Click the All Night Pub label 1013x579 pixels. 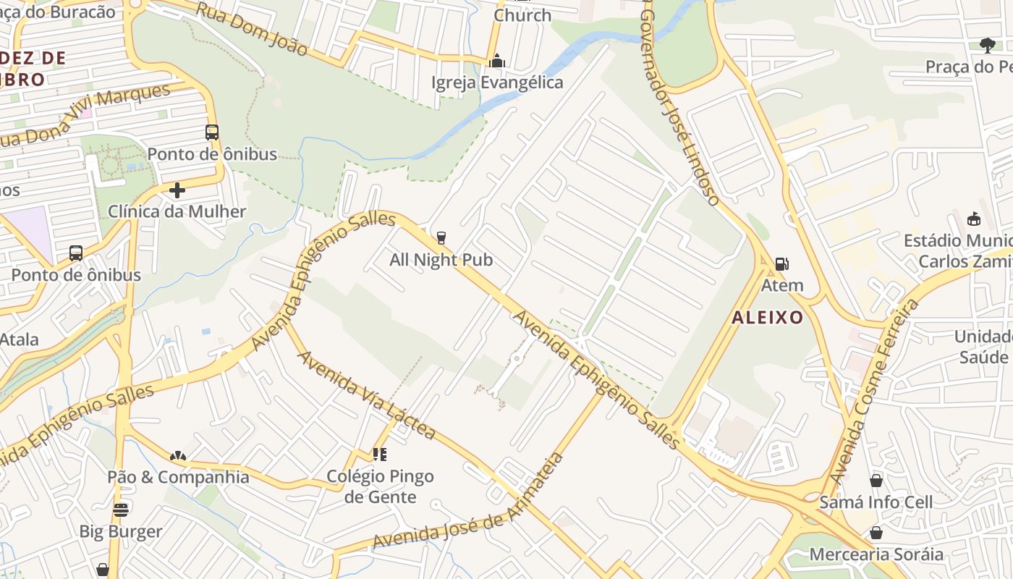(x=441, y=260)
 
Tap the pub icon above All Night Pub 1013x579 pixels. (x=441, y=237)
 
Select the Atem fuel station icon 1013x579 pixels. (x=781, y=264)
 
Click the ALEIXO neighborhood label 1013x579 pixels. (x=767, y=317)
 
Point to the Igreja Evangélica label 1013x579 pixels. (x=496, y=83)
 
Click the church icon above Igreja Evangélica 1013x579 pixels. (x=496, y=60)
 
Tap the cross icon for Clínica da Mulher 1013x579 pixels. (x=177, y=190)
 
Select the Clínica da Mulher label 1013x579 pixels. (x=177, y=212)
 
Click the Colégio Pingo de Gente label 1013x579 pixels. (x=380, y=486)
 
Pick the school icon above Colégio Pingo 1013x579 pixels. (x=380, y=455)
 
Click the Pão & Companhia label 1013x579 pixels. (x=178, y=478)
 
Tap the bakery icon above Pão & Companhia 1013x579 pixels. (x=178, y=456)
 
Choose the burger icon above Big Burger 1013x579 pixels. (x=121, y=510)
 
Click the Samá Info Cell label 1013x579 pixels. (x=876, y=502)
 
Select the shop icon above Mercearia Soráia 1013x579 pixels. (x=876, y=533)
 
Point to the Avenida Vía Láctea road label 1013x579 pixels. (x=368, y=395)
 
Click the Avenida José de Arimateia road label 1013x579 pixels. (x=468, y=501)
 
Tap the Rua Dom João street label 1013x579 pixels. (x=252, y=28)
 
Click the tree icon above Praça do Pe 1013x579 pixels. (x=987, y=46)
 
